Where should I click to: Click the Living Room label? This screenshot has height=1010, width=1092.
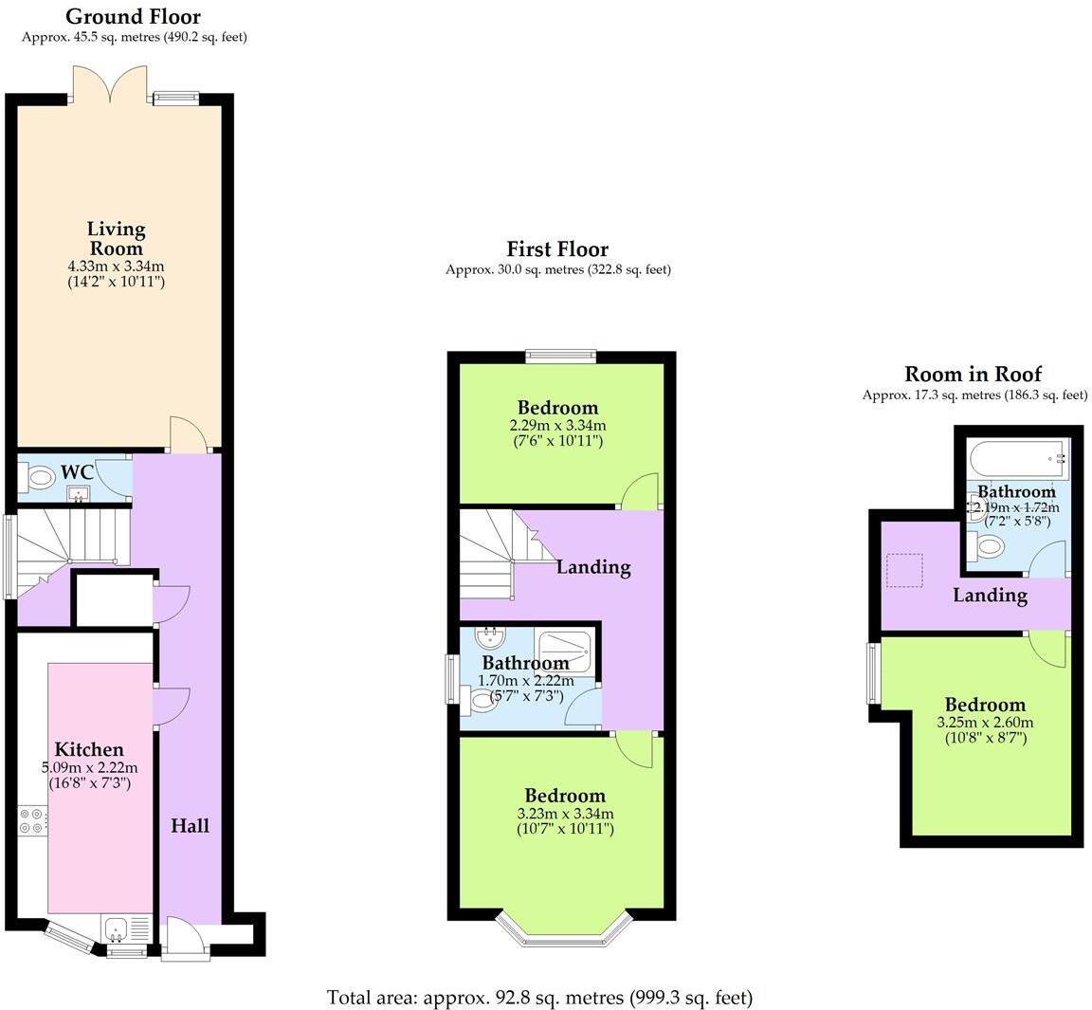116,238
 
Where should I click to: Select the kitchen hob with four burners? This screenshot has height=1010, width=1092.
31,820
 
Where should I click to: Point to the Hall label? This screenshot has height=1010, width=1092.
190,826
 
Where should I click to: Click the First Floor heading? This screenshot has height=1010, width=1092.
557,249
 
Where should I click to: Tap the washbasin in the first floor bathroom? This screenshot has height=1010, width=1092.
489,636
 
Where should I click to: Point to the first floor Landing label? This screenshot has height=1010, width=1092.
593,567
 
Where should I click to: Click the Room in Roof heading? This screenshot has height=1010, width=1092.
973,374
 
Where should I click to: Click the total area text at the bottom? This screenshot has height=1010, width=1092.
539,998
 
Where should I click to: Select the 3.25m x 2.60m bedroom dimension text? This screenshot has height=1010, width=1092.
985,722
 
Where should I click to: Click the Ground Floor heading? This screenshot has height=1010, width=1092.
133,16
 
